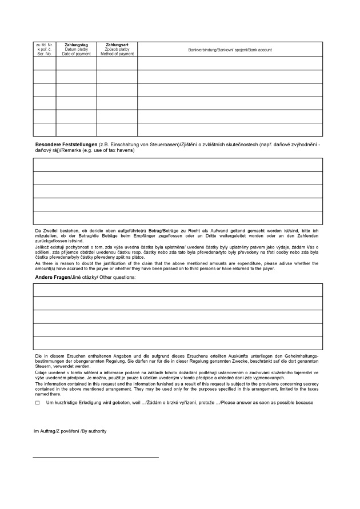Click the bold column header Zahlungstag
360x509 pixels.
point(76,44)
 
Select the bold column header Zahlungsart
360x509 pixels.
point(117,44)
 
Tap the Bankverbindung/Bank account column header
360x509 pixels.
point(230,50)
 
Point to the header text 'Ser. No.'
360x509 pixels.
point(44,54)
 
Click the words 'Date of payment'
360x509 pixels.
point(76,54)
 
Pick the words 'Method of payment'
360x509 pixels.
point(117,54)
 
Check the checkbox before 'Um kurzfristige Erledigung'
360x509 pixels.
point(37,403)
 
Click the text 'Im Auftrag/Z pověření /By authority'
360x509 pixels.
point(70,431)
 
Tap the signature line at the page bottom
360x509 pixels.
point(96,457)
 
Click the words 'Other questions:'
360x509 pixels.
point(119,277)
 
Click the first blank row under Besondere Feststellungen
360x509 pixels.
point(178,165)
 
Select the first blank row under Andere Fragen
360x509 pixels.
point(178,290)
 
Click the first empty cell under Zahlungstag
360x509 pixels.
point(76,63)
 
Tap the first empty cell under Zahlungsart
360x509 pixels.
point(117,63)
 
